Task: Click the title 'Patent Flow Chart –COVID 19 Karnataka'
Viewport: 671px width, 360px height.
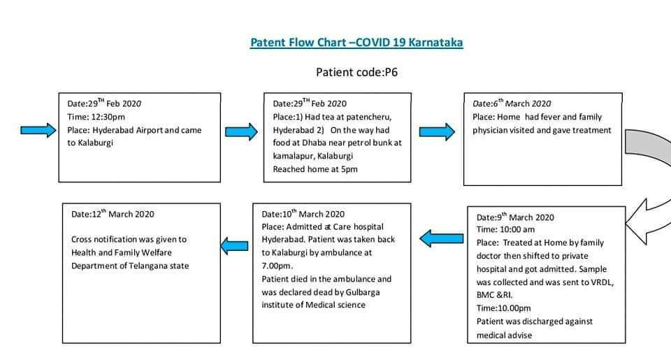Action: pos(356,43)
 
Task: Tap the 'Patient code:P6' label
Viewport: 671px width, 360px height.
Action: pos(357,72)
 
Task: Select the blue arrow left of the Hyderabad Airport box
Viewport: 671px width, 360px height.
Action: pos(38,130)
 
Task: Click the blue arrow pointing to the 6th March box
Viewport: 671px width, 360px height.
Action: pos(437,132)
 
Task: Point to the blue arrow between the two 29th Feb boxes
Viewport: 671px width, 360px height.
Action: pos(241,132)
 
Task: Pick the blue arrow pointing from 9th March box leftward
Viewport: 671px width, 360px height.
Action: pos(441,238)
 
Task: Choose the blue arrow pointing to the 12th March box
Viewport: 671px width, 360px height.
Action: pos(235,246)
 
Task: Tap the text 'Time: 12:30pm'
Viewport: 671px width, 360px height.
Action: pos(96,117)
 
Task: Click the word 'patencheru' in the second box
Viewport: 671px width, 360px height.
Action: pos(368,117)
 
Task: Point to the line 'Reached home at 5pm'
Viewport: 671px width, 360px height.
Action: pos(315,169)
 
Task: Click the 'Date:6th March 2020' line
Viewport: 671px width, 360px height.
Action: pos(512,103)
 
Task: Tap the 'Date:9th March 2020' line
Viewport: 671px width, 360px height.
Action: pos(515,217)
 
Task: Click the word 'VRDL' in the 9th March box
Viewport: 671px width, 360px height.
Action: pos(602,282)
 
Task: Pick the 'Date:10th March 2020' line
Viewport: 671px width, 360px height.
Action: pos(303,214)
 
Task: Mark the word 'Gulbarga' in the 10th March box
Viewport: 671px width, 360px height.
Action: pos(363,292)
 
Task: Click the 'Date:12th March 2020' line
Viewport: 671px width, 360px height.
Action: pos(113,214)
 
